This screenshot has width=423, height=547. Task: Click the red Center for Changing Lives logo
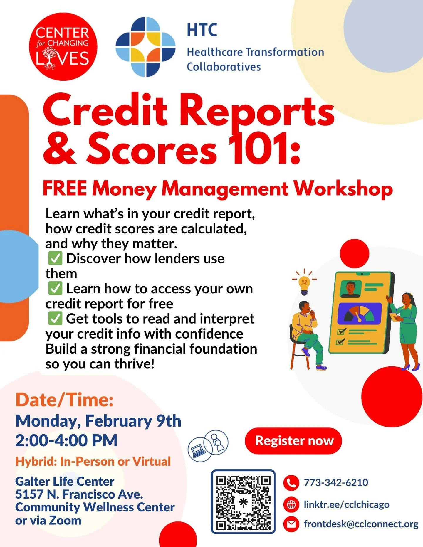[x=63, y=47]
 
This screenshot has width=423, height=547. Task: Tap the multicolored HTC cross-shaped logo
[x=145, y=47]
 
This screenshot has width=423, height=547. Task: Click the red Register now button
[x=293, y=441]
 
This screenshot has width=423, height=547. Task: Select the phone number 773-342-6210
[x=336, y=482]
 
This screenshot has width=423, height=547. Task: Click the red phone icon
[x=291, y=483]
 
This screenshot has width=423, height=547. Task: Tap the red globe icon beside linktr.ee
[x=291, y=505]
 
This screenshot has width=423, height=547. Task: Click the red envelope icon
[x=291, y=524]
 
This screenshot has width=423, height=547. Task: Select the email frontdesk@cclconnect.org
[x=361, y=524]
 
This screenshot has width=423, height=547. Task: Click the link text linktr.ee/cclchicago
[x=346, y=504]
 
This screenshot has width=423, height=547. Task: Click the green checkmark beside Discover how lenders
[x=55, y=258]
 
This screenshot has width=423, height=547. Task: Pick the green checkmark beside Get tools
[x=55, y=319]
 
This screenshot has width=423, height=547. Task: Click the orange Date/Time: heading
[x=64, y=400]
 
